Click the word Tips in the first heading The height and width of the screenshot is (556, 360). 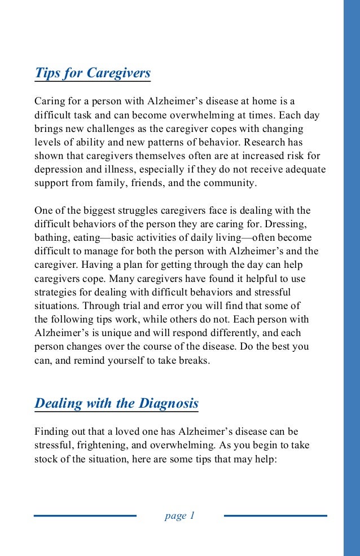pyautogui.click(x=47, y=73)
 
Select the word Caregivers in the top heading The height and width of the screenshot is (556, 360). pyautogui.click(x=119, y=73)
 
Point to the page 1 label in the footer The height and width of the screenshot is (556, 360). pyautogui.click(x=179, y=515)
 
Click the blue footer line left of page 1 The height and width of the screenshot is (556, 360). pyautogui.click(x=85, y=515)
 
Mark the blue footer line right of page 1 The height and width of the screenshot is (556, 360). pyautogui.click(x=275, y=515)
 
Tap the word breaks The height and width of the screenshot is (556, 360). pyautogui.click(x=195, y=360)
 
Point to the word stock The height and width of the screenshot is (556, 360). pyautogui.click(x=45, y=459)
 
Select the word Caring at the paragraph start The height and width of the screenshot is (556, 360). pyautogui.click(x=49, y=102)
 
